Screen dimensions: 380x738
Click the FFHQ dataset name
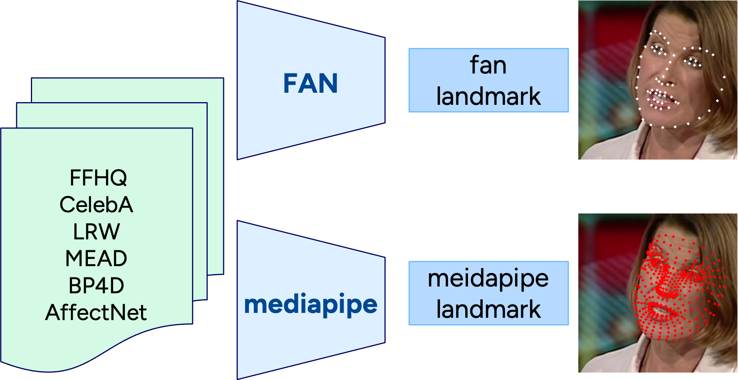(98, 178)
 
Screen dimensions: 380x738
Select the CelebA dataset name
(97, 205)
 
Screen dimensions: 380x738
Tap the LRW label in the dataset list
(97, 231)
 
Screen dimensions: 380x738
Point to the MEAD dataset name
(96, 259)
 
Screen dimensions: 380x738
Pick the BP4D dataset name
(96, 286)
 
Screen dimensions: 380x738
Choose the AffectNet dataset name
(96, 313)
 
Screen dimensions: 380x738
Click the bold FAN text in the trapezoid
(310, 83)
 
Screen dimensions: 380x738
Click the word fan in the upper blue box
(488, 65)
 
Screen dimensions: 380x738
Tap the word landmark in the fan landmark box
(488, 97)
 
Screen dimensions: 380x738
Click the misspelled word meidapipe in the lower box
(488, 279)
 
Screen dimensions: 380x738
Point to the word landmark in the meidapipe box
(488, 310)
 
